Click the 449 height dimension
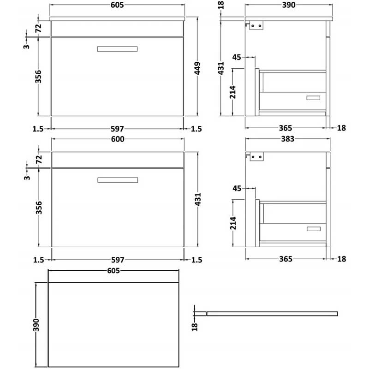click(x=198, y=68)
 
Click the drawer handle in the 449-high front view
click(x=118, y=49)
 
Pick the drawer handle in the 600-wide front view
click(x=118, y=179)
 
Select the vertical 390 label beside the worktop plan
click(x=38, y=324)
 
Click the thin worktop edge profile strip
click(x=272, y=314)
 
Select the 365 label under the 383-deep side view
click(x=286, y=260)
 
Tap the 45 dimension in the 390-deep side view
click(x=237, y=57)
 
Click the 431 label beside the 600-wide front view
click(x=198, y=199)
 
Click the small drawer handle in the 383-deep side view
click(x=313, y=228)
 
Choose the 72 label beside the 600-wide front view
click(x=39, y=159)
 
